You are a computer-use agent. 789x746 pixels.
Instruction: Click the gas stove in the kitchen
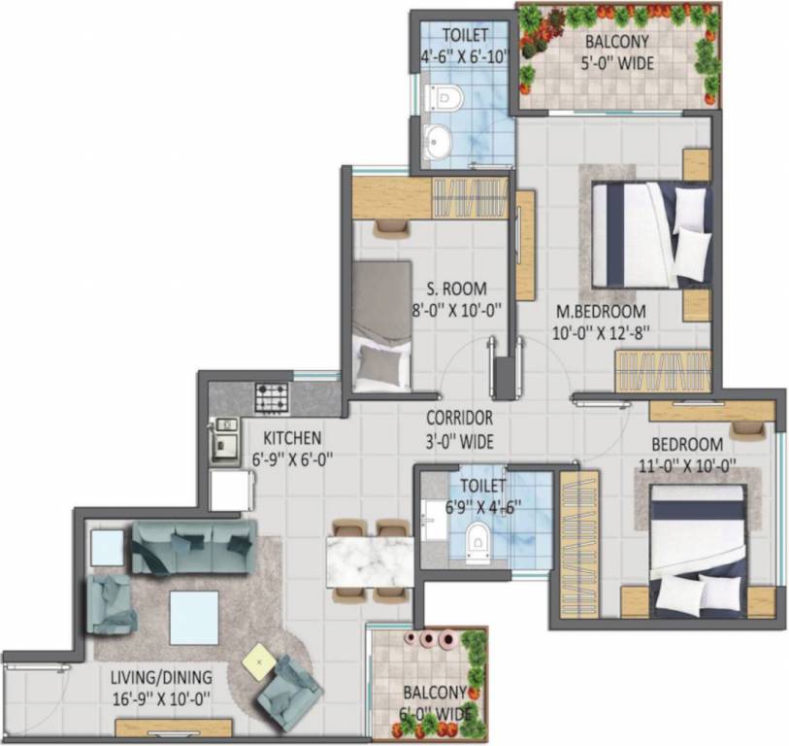[271, 396]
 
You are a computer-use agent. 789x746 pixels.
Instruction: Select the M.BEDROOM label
[601, 312]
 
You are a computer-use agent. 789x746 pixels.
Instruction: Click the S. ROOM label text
[456, 289]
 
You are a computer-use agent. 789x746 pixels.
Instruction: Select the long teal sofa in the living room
[193, 546]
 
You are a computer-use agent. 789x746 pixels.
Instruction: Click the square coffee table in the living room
[193, 618]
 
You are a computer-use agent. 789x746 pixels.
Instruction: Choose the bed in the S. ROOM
[380, 325]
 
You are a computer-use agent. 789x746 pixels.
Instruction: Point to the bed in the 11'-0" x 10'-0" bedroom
[698, 548]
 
